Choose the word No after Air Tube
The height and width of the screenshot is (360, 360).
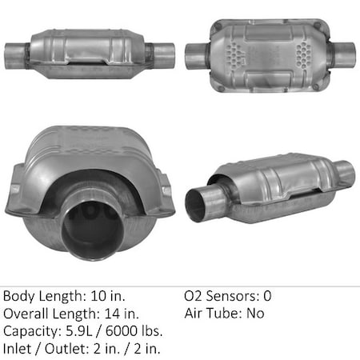click(x=255, y=313)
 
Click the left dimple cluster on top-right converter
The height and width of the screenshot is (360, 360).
click(x=232, y=54)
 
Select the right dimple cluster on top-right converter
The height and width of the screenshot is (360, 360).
click(x=305, y=54)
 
